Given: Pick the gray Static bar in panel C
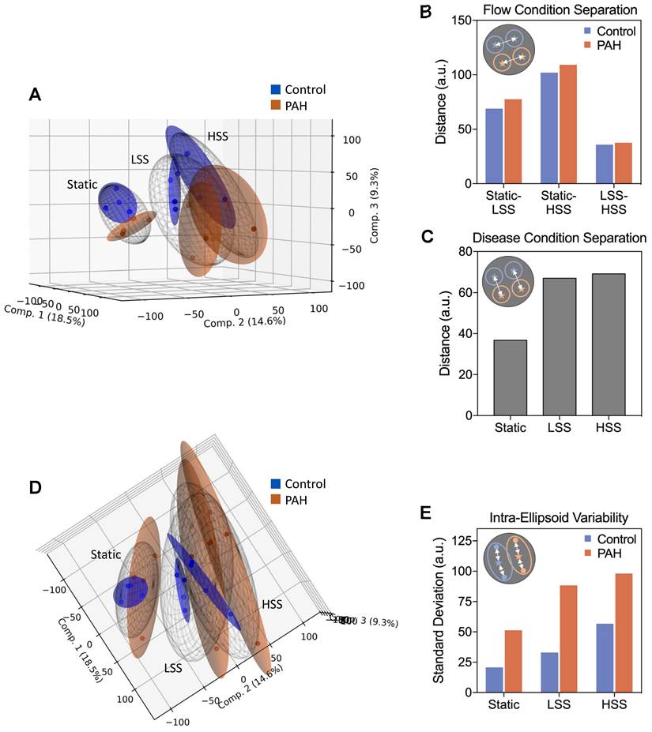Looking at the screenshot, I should (x=510, y=377).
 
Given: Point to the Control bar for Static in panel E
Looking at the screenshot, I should (x=494, y=680).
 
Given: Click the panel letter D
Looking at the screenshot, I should (x=35, y=487).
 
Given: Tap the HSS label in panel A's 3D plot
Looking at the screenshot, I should (x=218, y=137).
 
